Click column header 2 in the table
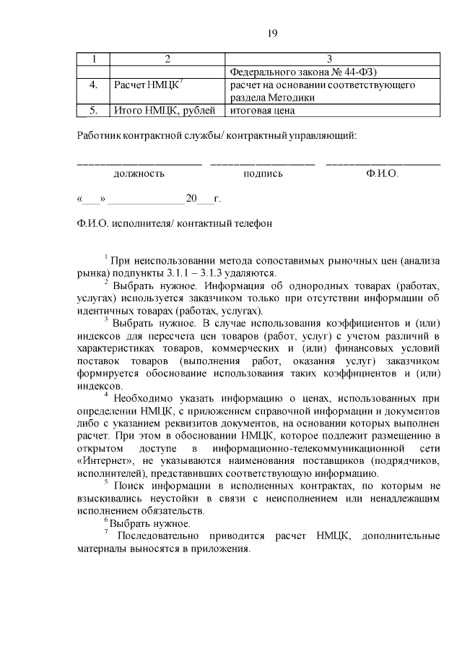click(x=167, y=59)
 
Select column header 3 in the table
click(x=329, y=59)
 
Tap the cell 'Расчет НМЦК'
click(x=148, y=85)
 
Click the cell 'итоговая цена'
click(x=263, y=111)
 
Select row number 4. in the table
click(x=93, y=85)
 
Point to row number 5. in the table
click(x=93, y=111)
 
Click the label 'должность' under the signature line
click(x=139, y=174)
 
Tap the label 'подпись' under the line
click(x=263, y=174)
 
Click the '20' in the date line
click(x=191, y=198)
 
